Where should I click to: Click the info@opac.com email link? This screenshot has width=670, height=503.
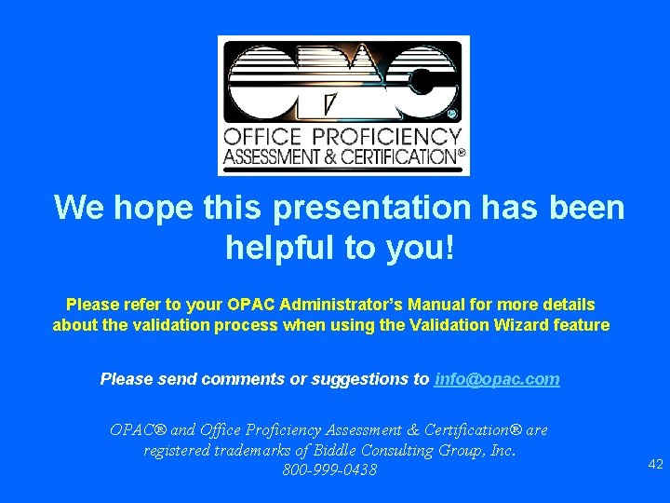tap(497, 379)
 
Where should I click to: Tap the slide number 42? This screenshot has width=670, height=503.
tap(655, 464)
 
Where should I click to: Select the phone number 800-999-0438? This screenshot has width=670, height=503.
tap(329, 470)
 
